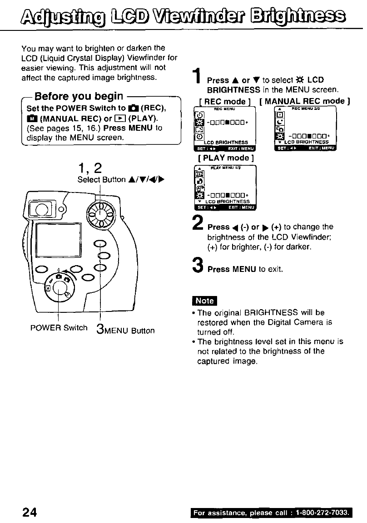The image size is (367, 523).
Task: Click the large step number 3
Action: [197, 264]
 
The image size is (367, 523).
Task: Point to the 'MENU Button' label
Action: [130, 331]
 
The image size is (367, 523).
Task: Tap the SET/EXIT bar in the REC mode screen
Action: [224, 148]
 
